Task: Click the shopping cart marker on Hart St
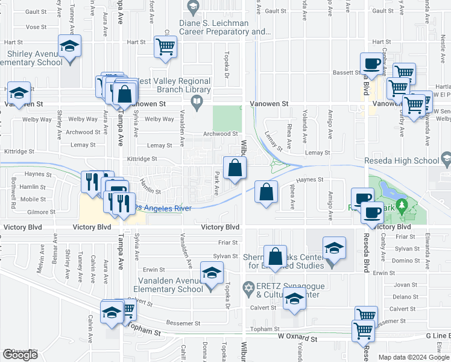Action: (165, 46)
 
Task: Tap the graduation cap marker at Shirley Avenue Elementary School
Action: (69, 46)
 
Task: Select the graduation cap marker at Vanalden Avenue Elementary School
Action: (212, 274)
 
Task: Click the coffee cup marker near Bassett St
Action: (371, 64)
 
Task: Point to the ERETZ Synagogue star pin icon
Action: (247, 286)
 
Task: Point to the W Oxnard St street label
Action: (297, 339)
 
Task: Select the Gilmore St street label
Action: (41, 212)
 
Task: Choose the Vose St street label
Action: (36, 27)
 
